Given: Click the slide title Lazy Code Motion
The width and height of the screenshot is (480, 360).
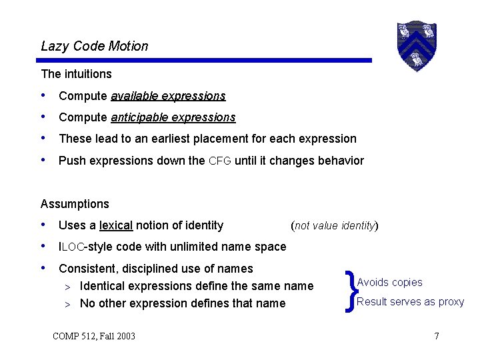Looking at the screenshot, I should (95, 46).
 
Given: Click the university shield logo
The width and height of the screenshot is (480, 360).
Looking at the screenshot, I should (416, 45).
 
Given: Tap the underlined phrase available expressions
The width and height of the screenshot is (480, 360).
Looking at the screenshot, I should (168, 96).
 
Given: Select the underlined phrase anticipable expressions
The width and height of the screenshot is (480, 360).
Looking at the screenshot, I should (173, 117).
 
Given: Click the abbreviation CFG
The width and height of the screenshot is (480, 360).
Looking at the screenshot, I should (220, 161).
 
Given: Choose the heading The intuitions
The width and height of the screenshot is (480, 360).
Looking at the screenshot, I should (76, 74).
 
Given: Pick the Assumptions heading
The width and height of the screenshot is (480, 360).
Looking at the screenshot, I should (75, 204).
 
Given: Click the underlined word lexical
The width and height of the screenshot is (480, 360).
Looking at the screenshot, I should (116, 225).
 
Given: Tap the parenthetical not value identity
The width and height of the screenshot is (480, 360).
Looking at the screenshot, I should (335, 225).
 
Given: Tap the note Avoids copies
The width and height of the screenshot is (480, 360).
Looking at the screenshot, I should (389, 283).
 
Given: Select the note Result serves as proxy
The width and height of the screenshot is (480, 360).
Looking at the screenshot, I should (410, 301).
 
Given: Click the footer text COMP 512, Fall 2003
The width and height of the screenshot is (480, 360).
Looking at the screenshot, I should (93, 335).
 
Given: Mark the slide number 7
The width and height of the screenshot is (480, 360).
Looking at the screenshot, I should (437, 335).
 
